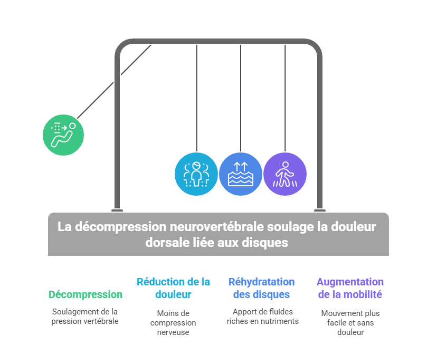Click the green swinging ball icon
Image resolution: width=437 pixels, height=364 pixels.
tap(63, 135)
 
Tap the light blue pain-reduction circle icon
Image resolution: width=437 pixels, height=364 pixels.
tap(196, 174)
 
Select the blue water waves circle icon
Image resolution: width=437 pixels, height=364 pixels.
tap(241, 174)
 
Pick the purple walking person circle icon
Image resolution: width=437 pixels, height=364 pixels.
tap(285, 174)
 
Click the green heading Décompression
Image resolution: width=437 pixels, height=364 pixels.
tap(85, 294)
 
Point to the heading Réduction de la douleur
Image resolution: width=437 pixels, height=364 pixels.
tap(173, 288)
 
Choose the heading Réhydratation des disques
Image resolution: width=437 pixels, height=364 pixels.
tap(261, 288)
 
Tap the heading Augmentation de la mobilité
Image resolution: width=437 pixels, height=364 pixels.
tap(350, 288)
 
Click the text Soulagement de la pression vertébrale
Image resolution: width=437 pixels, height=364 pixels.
tap(85, 317)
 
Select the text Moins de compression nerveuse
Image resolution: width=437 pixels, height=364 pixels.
tap(173, 322)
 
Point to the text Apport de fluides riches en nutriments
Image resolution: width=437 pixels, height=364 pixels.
tap(262, 317)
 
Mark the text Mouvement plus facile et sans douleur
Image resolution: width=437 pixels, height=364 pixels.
tap(350, 322)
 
